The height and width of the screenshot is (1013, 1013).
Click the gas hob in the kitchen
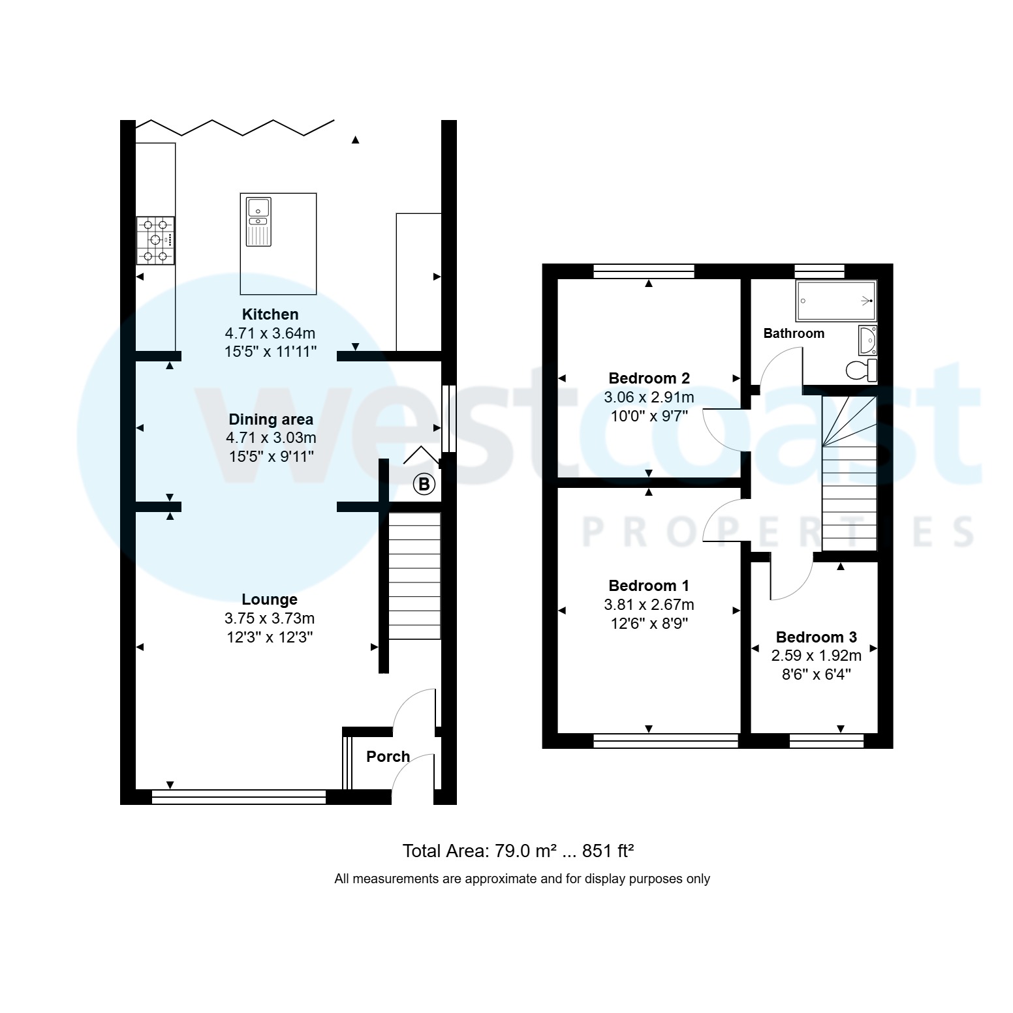155,240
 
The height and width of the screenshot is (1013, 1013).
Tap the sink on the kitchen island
258,222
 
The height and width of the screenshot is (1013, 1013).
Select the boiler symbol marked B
424,485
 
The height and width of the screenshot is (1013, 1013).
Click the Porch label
388,757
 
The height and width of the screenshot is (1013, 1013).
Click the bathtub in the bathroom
836,301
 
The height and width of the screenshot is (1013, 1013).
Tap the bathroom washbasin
867,340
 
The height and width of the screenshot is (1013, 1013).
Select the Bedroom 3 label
816,637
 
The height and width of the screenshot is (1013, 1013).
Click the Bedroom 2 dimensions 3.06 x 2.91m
649,397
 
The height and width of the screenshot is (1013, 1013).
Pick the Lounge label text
270,599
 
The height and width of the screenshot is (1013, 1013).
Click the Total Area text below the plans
518,851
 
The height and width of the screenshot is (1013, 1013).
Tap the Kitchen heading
270,314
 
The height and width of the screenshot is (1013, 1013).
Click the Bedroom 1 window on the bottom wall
665,740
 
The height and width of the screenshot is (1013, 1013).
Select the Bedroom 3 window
826,740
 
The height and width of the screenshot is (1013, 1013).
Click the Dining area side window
448,418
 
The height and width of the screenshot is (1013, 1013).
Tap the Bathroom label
794,333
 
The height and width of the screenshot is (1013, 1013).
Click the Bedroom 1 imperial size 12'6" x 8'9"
649,624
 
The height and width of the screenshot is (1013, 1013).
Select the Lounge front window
238,796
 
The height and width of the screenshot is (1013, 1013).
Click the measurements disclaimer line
522,879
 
